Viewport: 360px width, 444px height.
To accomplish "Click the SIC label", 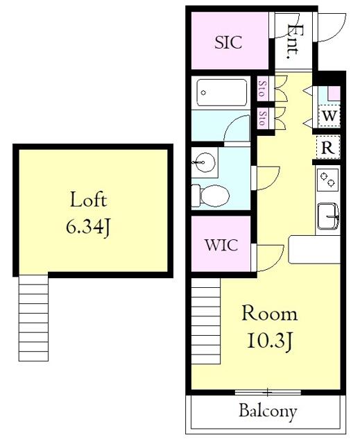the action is (x=228, y=42).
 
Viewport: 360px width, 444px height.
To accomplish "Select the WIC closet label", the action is (x=221, y=245).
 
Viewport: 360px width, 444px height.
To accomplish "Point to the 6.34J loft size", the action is (x=87, y=227).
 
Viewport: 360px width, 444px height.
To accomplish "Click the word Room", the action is (x=269, y=313).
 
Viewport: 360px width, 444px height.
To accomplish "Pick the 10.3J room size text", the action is (x=269, y=341).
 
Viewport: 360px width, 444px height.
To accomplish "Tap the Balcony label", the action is (x=268, y=411).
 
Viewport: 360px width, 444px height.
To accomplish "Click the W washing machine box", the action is (x=329, y=116).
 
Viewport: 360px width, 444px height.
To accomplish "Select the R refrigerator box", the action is (x=328, y=147).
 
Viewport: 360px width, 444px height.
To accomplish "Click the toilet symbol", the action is (x=210, y=196).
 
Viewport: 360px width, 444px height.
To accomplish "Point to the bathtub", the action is (x=221, y=92).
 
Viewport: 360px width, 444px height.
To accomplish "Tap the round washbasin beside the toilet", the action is (x=203, y=162).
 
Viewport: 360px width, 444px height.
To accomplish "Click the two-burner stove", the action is (x=327, y=180).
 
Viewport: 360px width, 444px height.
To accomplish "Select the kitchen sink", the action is (x=328, y=216).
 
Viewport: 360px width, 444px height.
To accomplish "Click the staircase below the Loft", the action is (x=33, y=318).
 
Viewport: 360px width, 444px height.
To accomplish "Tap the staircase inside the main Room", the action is (x=206, y=321).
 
